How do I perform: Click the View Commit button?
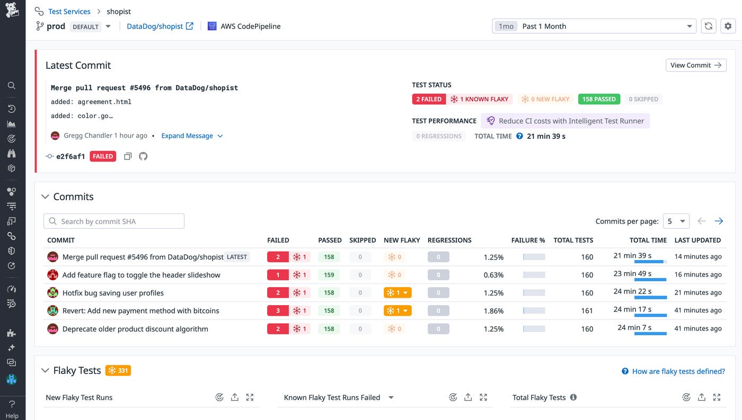pos(695,65)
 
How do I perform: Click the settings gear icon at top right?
pos(728,26)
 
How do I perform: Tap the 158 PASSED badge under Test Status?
pos(598,99)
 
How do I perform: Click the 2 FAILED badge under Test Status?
pos(428,99)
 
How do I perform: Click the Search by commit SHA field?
pos(114,221)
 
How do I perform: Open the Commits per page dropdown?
pos(676,221)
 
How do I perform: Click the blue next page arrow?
pos(719,221)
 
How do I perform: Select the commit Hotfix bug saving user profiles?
pos(113,293)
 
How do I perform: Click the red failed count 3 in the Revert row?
pos(278,311)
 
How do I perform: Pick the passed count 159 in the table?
pos(329,275)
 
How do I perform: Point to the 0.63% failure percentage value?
pos(493,275)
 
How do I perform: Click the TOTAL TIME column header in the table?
pos(648,240)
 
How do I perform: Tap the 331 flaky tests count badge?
pos(118,371)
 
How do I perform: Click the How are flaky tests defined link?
pos(678,371)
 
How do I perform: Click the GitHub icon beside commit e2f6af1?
pos(143,157)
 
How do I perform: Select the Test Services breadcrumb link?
pos(69,12)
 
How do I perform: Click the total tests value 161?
pos(587,311)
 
